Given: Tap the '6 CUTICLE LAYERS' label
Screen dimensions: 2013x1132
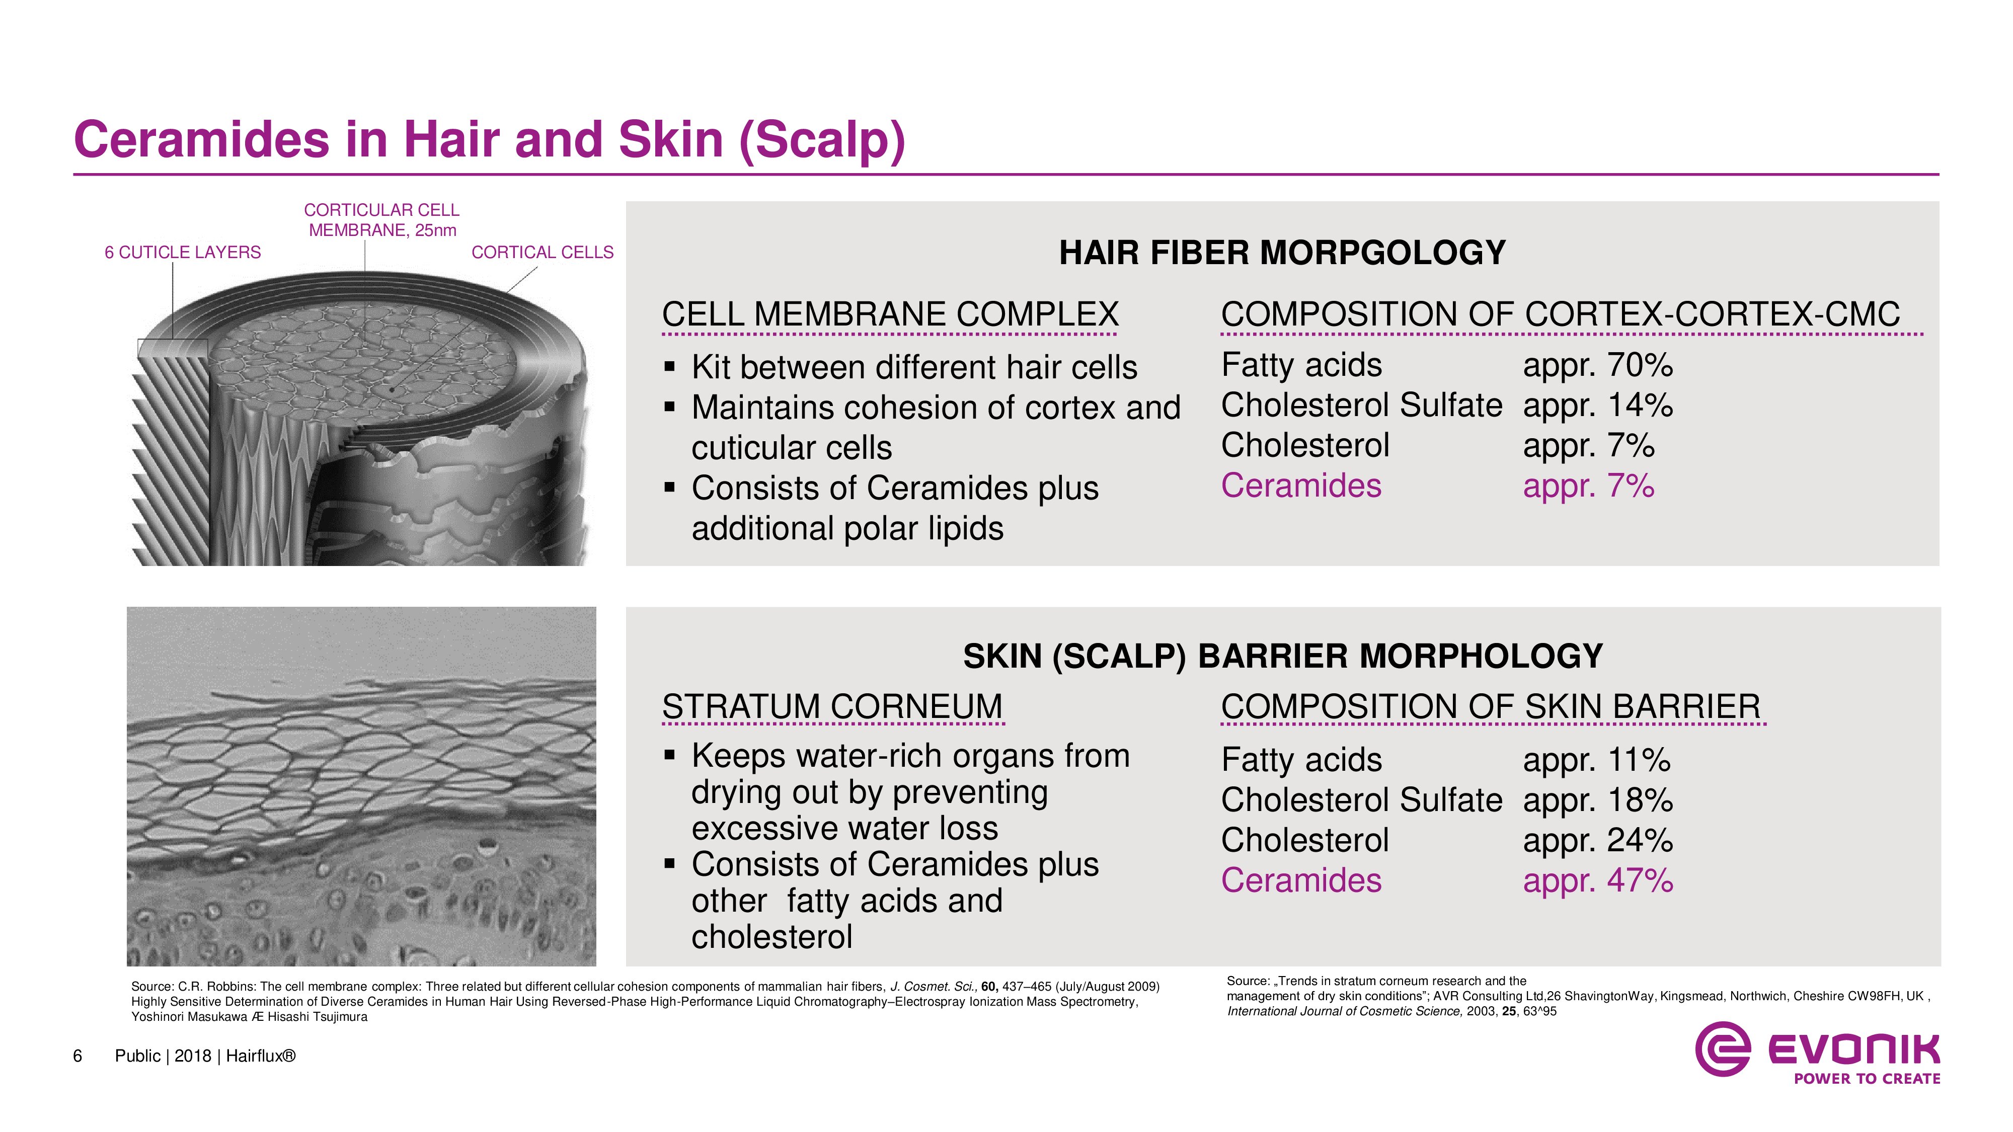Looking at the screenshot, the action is [x=183, y=253].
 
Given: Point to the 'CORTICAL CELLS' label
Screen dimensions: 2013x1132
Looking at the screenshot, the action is [x=543, y=253].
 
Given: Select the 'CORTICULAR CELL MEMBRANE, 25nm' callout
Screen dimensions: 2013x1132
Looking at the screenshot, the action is [x=381, y=220].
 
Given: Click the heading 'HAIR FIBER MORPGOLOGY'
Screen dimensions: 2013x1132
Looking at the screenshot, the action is [x=1282, y=253].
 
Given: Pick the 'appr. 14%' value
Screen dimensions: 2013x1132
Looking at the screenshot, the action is [x=1598, y=406].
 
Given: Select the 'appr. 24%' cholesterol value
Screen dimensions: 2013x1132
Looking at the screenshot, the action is [x=1598, y=841].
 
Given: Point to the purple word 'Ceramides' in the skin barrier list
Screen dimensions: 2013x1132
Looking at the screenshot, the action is [x=1301, y=880].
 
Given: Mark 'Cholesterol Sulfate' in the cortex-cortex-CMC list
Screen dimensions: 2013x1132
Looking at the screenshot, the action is [x=1361, y=406].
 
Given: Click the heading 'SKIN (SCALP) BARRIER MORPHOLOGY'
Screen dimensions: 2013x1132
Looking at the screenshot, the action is [x=1282, y=656].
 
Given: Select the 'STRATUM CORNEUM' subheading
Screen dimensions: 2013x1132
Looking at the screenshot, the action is [x=832, y=707].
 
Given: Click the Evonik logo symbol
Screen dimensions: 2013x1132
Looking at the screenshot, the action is [x=1722, y=1048].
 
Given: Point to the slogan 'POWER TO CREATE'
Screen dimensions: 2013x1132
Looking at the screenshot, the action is [x=1867, y=1079].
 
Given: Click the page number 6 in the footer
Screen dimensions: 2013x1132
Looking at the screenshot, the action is [x=78, y=1056].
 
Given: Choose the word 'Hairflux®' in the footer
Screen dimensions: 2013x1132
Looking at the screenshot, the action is [x=261, y=1056].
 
